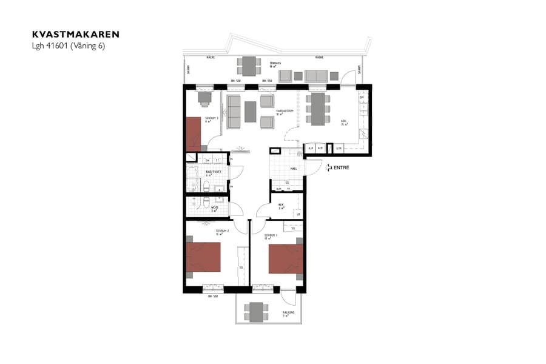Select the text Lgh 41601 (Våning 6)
tap(69, 46)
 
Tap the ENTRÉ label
tap(342, 167)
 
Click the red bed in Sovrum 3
tap(194, 134)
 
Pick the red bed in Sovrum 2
tap(203, 257)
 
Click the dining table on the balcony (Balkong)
tap(257, 312)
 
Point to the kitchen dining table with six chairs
tap(318, 109)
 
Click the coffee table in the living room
tap(251, 110)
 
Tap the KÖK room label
tap(343, 123)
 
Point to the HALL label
tap(293, 169)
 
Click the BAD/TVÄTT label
tap(212, 172)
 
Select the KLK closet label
tap(281, 206)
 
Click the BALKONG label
tap(288, 313)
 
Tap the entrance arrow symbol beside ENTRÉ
tap(328, 167)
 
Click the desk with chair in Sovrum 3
tap(203, 97)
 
